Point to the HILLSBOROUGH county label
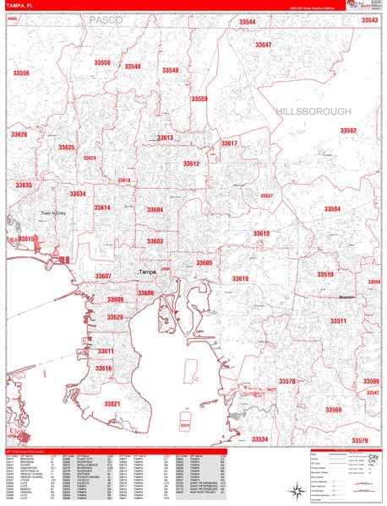coord(312,111)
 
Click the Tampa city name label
coord(148,272)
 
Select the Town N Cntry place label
coord(53,213)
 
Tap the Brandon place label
coord(345,298)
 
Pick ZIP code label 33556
coord(21,73)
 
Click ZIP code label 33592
coord(348,131)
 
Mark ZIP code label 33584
coord(332,208)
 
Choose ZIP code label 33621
coord(112,404)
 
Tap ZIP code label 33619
coord(240,278)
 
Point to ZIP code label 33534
coord(259,439)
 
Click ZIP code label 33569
coord(332,410)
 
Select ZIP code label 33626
coord(19,135)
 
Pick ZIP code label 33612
coord(191,164)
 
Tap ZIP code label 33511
coord(338,321)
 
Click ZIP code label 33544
coord(247,22)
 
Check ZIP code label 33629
coord(115,317)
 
